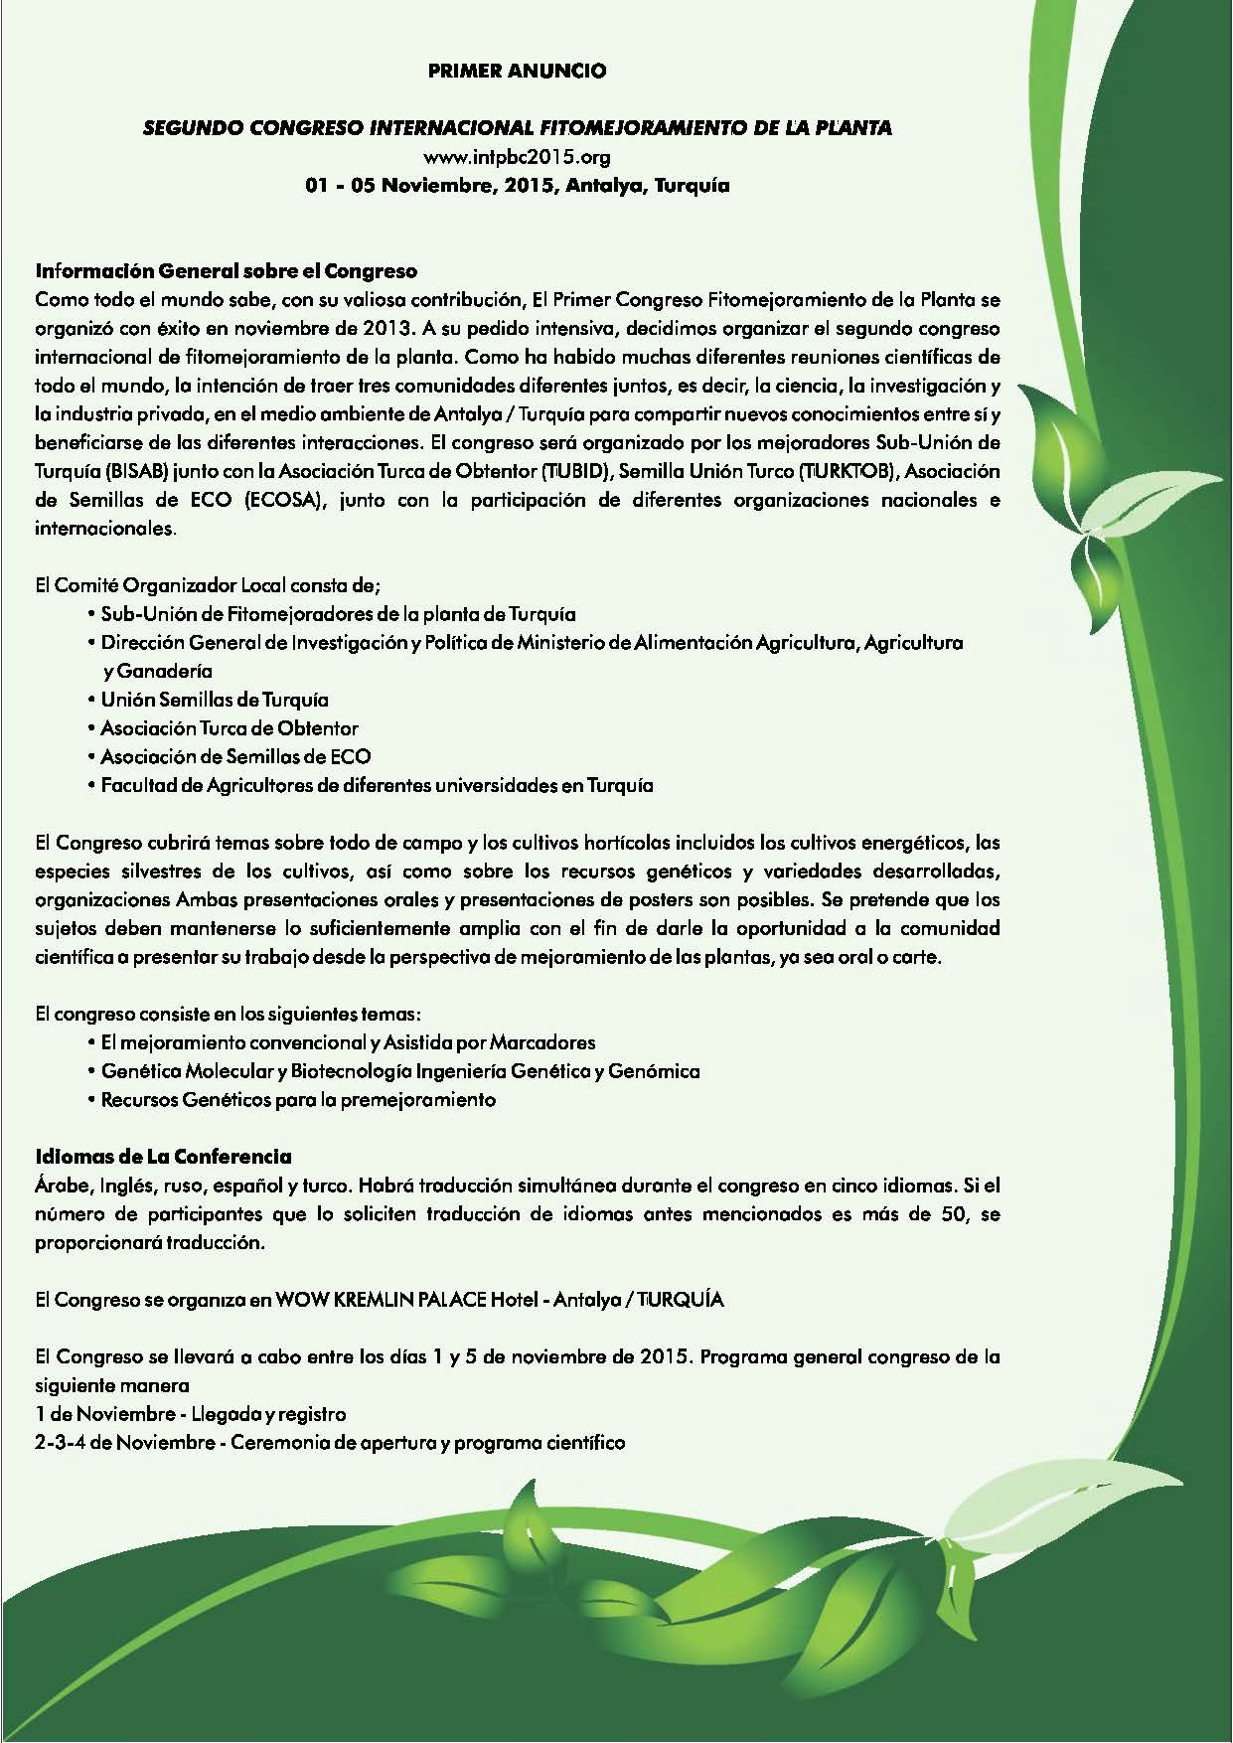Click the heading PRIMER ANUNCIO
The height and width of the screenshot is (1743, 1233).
[x=516, y=72]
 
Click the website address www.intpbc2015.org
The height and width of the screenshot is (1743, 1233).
[x=516, y=157]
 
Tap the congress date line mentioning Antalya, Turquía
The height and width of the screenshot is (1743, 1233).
[x=517, y=186]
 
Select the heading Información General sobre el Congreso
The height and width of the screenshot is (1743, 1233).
[x=226, y=270]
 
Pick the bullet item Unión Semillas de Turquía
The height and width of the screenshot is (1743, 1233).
[x=215, y=700]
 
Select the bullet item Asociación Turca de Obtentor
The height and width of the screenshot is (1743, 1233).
[x=230, y=728]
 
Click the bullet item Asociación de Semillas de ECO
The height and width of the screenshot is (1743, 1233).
[x=236, y=757]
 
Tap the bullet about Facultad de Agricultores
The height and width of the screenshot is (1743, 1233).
[x=377, y=786]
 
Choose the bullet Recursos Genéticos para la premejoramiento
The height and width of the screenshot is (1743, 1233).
[x=298, y=1100]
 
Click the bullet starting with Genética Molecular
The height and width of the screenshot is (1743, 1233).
[x=400, y=1071]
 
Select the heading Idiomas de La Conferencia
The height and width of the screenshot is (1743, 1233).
[x=163, y=1157]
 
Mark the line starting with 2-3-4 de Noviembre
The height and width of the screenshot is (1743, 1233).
[x=329, y=1442]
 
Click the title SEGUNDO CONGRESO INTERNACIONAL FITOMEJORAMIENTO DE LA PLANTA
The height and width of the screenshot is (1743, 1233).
[x=518, y=128]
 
